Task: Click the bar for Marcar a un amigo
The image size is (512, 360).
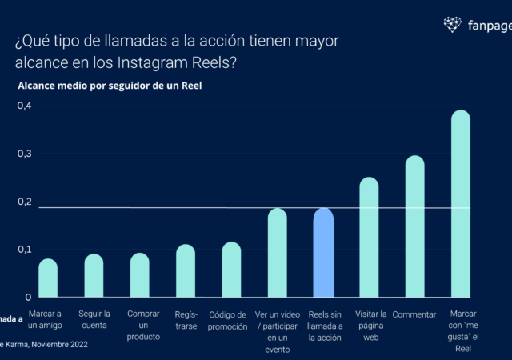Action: pos(48,278)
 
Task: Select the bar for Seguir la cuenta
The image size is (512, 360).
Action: pos(94,275)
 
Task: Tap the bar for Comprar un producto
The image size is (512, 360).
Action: pos(139,274)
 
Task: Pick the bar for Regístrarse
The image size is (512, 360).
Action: pos(186,270)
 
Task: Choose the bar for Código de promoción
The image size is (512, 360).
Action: pos(231,269)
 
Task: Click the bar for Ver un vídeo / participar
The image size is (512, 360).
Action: pos(277,252)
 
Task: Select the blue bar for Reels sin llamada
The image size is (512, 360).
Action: pos(323,252)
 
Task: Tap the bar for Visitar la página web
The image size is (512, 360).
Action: pos(369,237)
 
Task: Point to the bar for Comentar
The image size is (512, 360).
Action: pos(414,226)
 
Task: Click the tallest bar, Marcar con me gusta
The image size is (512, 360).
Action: pos(461,203)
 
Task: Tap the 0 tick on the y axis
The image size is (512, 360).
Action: pos(28,297)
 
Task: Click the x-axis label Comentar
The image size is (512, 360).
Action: pos(414,314)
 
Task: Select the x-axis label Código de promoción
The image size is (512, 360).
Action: pos(231,320)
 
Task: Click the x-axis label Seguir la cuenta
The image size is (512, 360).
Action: pos(94,320)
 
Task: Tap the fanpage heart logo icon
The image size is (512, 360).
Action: pos(453,24)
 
